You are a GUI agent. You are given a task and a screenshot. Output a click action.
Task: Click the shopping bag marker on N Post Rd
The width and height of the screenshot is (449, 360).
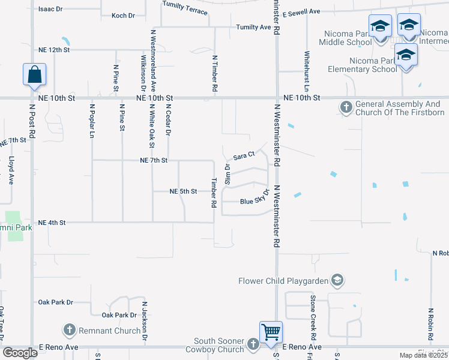35,75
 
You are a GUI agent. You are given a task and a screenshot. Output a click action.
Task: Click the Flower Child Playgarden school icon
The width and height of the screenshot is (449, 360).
338,280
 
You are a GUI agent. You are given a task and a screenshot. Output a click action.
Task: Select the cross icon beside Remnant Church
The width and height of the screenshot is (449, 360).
69,330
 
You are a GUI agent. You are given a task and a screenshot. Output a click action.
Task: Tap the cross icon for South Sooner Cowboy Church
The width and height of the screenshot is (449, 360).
253,343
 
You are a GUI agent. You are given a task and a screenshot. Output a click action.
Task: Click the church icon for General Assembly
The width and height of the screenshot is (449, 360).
346,108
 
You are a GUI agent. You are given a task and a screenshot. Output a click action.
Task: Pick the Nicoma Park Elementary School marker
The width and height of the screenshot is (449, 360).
406,55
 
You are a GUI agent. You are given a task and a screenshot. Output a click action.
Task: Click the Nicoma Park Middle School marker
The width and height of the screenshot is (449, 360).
380,27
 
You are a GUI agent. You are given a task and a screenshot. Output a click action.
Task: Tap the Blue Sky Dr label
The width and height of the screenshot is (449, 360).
253,201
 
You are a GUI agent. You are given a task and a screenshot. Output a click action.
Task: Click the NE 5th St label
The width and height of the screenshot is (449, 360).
184,191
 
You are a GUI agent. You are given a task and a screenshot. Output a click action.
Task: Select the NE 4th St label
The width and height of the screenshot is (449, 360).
51,223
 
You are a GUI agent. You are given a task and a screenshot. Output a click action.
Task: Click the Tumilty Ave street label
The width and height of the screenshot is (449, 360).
253,27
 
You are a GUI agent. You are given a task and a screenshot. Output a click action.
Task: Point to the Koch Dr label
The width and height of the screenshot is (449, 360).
123,16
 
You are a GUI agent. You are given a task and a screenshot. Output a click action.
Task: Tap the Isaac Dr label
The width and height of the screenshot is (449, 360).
50,10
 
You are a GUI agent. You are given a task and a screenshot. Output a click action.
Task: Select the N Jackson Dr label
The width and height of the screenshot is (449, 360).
145,321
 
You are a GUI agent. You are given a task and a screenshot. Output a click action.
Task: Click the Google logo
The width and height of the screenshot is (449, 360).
20,353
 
